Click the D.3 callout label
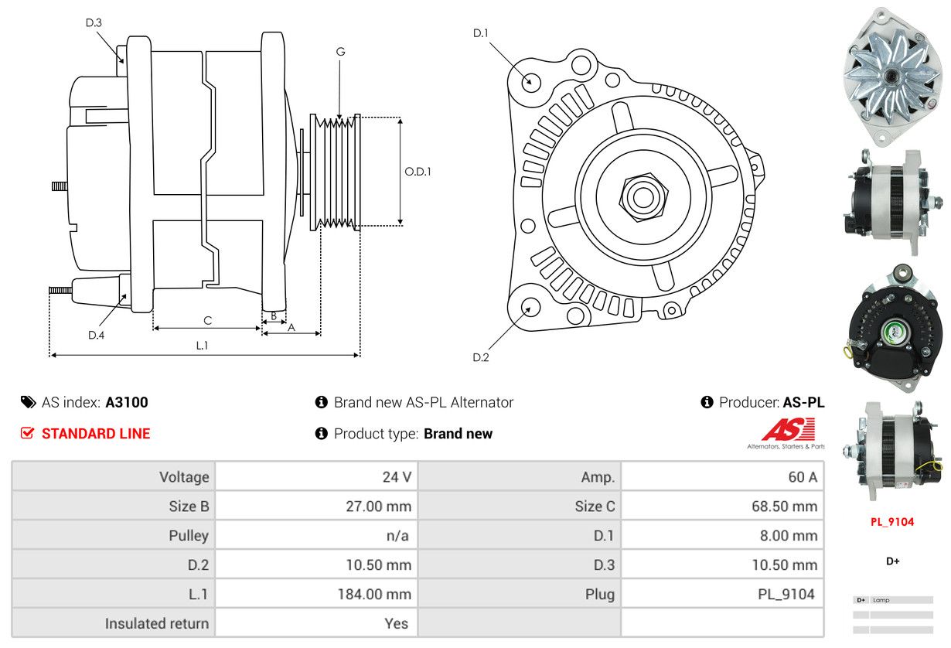pos(94,23)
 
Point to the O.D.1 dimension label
pos(418,172)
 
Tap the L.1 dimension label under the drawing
pos(202,346)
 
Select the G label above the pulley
pos(340,52)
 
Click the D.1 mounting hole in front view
pos(530,80)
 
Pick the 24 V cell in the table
pos(397,477)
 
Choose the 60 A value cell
pos(802,477)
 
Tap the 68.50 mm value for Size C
pos(784,506)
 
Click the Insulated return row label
pos(157,623)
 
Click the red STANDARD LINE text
pos(96,434)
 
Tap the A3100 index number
pos(127,402)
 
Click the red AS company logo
pos(788,429)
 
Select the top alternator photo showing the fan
pos(893,73)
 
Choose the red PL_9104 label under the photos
pos(892,522)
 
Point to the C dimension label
pos(207,320)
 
